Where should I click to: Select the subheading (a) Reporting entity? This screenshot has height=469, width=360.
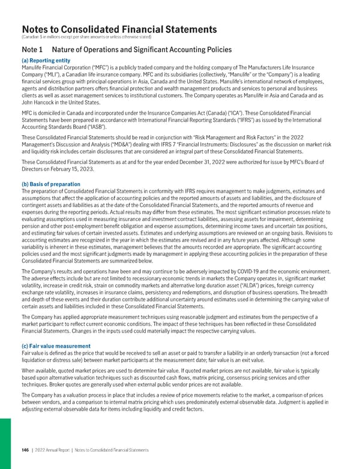46,61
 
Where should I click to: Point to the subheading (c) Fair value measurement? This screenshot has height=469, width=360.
55,346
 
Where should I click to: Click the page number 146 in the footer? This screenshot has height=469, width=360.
26,450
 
